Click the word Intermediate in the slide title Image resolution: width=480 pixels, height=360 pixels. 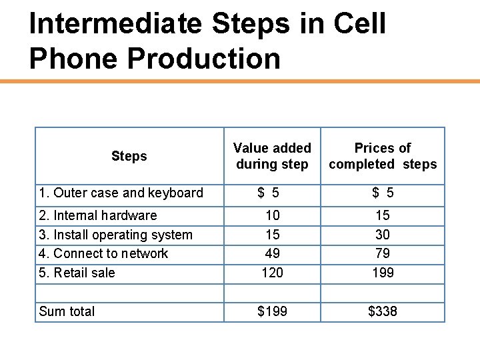click(115, 24)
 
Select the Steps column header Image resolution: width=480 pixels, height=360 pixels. click(129, 156)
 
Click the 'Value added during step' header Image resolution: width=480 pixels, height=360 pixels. click(272, 156)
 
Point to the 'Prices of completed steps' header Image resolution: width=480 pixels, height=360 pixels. click(383, 156)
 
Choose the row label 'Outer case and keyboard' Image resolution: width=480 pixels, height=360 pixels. click(121, 193)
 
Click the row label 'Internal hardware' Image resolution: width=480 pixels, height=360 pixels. click(98, 215)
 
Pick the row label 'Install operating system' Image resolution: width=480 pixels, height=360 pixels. click(116, 235)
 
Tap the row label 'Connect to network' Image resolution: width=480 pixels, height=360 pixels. click(103, 253)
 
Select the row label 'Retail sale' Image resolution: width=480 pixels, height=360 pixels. click(77, 273)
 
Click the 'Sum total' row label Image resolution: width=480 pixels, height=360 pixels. click(67, 311)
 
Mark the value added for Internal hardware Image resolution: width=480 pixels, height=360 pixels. click(272, 215)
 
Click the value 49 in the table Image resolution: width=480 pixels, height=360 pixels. click(272, 253)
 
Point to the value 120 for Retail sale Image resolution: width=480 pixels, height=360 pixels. click(272, 273)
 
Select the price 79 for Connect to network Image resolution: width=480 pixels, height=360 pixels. click(383, 253)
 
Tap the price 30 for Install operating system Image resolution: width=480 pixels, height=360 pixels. click(383, 235)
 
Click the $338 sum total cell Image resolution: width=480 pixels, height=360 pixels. click(383, 311)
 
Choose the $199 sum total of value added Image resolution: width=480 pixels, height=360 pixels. click(272, 311)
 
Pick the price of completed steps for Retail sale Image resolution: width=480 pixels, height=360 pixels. click(383, 273)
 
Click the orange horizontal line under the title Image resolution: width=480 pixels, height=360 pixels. click(240, 81)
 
